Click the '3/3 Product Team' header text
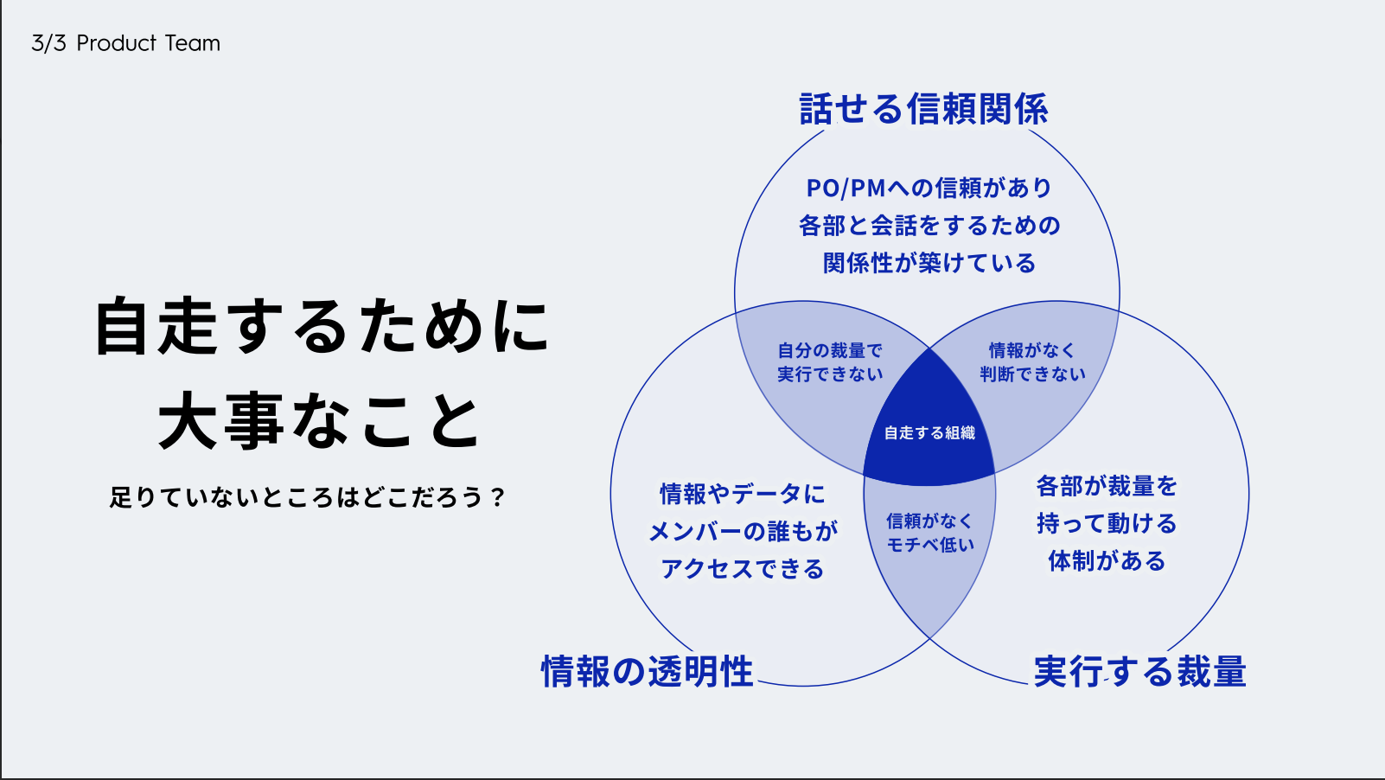point(125,43)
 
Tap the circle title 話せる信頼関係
point(923,110)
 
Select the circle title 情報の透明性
point(647,671)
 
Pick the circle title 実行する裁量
point(1139,671)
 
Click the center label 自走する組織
point(929,432)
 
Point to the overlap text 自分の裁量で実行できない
point(830,362)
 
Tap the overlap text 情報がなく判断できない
point(1032,362)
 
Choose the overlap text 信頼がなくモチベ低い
point(930,533)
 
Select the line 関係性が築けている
point(929,263)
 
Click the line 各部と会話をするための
point(929,226)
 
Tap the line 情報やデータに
point(743,494)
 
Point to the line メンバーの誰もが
point(743,531)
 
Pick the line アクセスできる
point(743,569)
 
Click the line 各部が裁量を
point(1107,486)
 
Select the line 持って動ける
point(1107,523)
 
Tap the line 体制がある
point(1107,561)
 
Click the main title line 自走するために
point(322,327)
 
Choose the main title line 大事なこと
point(320,421)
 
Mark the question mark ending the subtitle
point(496,497)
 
